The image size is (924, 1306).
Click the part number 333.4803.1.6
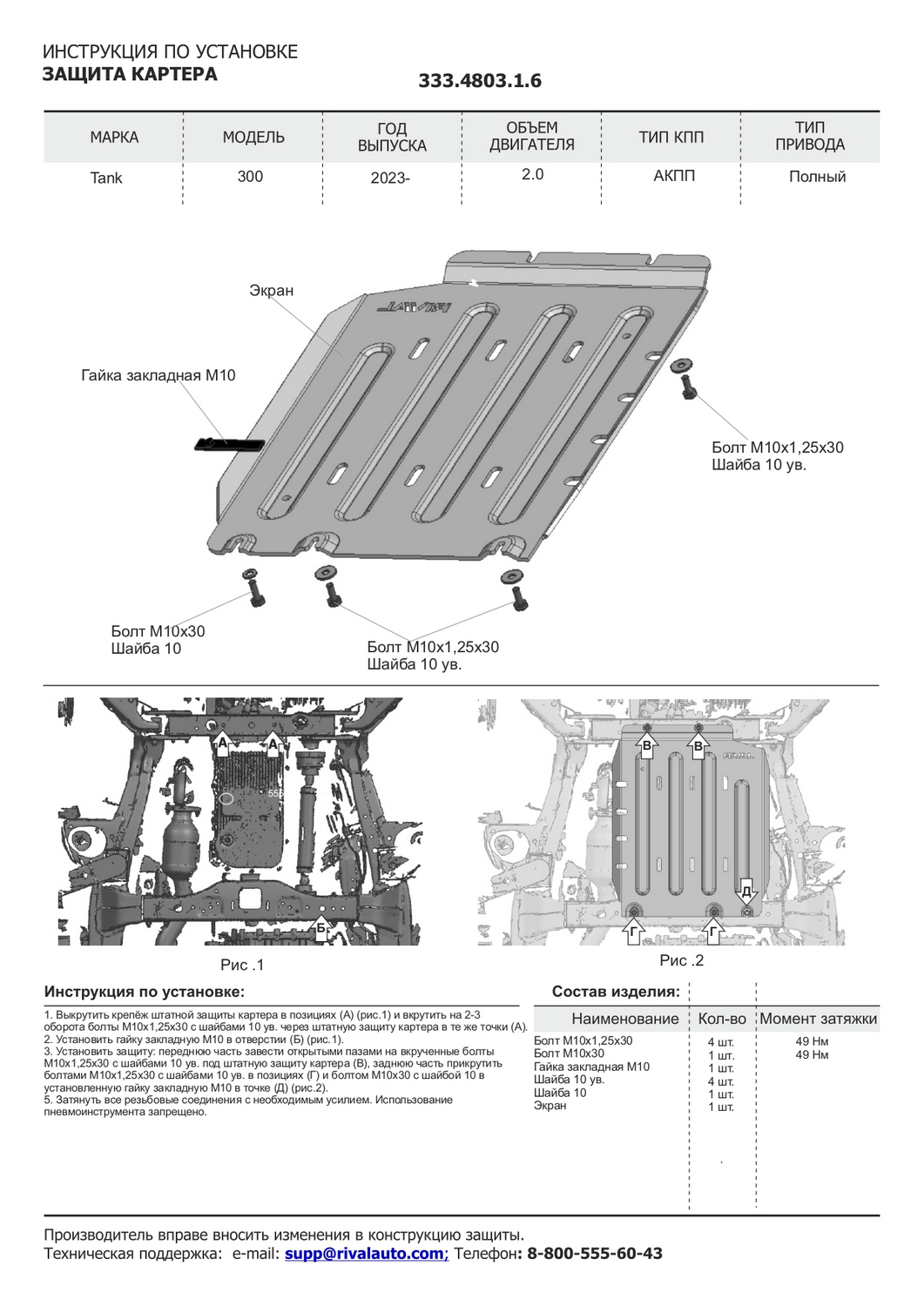[480, 81]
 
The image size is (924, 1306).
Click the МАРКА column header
[114, 138]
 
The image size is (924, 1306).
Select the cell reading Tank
[106, 178]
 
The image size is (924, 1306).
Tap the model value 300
[250, 177]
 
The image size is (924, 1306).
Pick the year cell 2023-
[389, 178]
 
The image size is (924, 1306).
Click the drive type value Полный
[817, 177]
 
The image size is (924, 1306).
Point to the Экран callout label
[272, 291]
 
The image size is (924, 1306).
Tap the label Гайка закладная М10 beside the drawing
[158, 376]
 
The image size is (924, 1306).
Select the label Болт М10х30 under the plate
[158, 631]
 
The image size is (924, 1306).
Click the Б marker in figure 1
[320, 928]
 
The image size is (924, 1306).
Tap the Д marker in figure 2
[746, 892]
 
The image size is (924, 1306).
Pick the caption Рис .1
[242, 965]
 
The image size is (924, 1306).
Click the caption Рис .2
[681, 960]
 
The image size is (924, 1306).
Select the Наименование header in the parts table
[624, 1019]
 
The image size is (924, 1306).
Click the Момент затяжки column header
[818, 1019]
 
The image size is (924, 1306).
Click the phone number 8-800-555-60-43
[595, 1254]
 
